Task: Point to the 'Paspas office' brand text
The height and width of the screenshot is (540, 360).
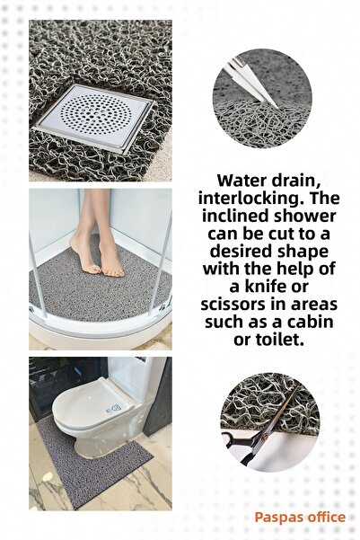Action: pos(299,518)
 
